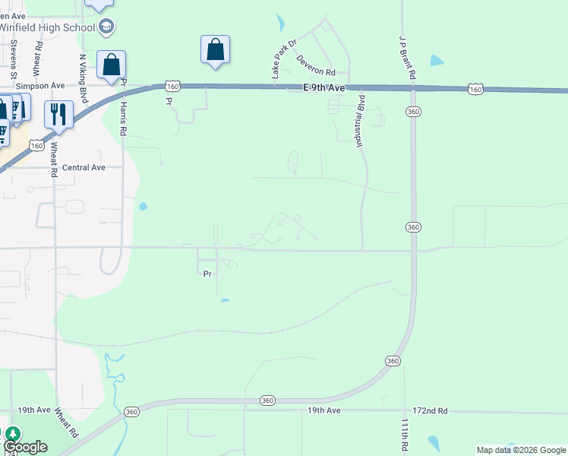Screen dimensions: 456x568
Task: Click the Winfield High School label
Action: pyautogui.click(x=47, y=28)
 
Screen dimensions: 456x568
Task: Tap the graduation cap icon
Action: pyautogui.click(x=106, y=27)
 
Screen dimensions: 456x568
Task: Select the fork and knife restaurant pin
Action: pyautogui.click(x=58, y=115)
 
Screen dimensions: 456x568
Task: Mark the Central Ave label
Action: pyautogui.click(x=84, y=167)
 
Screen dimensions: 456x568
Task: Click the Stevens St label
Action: pyautogui.click(x=14, y=60)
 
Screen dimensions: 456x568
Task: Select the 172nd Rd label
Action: pyautogui.click(x=431, y=410)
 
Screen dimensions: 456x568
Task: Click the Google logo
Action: pyautogui.click(x=25, y=447)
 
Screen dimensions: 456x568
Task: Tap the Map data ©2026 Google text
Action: pyautogui.click(x=521, y=450)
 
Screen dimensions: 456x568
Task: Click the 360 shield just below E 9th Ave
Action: pyautogui.click(x=413, y=111)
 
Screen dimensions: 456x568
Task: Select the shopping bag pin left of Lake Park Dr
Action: pyautogui.click(x=215, y=50)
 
